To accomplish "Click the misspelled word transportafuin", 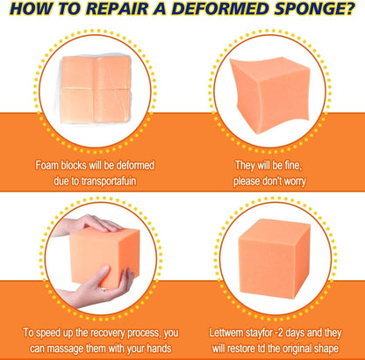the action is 109,181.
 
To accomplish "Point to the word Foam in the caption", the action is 47,166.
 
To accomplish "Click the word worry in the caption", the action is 294,182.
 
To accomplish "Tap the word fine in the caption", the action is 292,166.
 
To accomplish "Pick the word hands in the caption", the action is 159,349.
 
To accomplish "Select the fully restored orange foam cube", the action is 274,257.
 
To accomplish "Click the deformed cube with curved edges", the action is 269,95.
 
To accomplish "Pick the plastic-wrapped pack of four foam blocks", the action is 96,90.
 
